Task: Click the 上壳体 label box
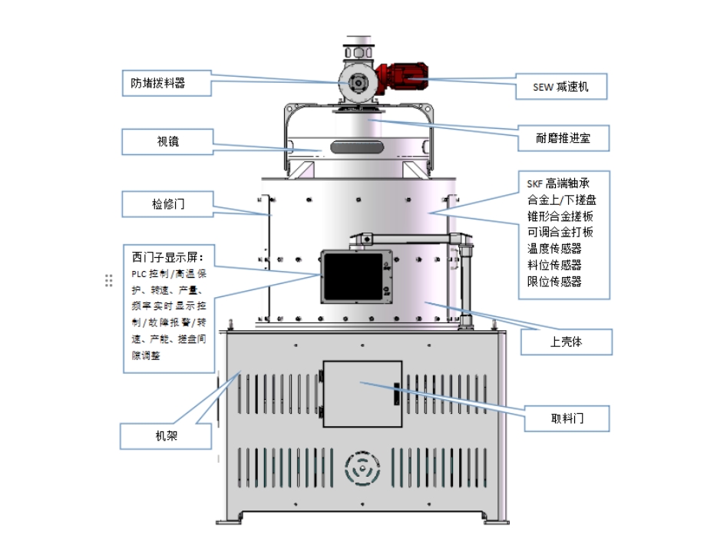pos(567,341)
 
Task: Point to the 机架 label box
pos(167,435)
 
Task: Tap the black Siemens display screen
pos(350,275)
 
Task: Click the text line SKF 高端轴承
pos(558,183)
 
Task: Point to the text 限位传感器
pos(554,281)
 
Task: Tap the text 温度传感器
pos(554,248)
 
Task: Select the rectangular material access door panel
pos(362,393)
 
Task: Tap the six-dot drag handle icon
pos(109,281)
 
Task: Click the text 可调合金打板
pos(560,232)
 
